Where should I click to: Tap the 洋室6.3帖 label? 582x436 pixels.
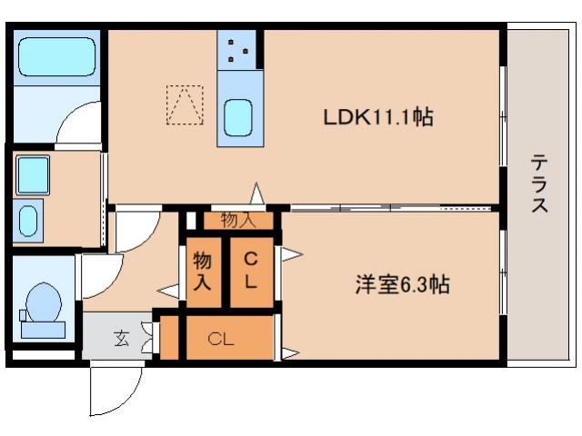401,284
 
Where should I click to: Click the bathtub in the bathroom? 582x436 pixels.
56,57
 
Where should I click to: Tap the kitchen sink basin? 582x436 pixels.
239,116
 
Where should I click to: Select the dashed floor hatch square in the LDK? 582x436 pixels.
185,104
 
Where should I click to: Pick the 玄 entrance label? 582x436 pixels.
121,340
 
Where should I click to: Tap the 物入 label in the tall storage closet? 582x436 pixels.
203,270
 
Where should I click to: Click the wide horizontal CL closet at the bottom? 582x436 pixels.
221,340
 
